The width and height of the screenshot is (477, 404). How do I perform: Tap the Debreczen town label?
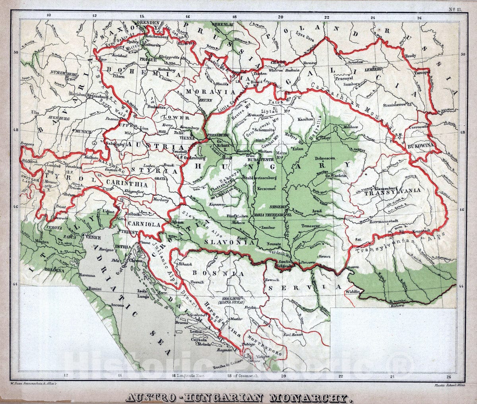326,158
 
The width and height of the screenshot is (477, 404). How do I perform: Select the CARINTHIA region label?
126,185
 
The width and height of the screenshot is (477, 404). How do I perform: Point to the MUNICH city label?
83,131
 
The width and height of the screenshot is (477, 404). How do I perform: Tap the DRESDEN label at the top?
147,23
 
